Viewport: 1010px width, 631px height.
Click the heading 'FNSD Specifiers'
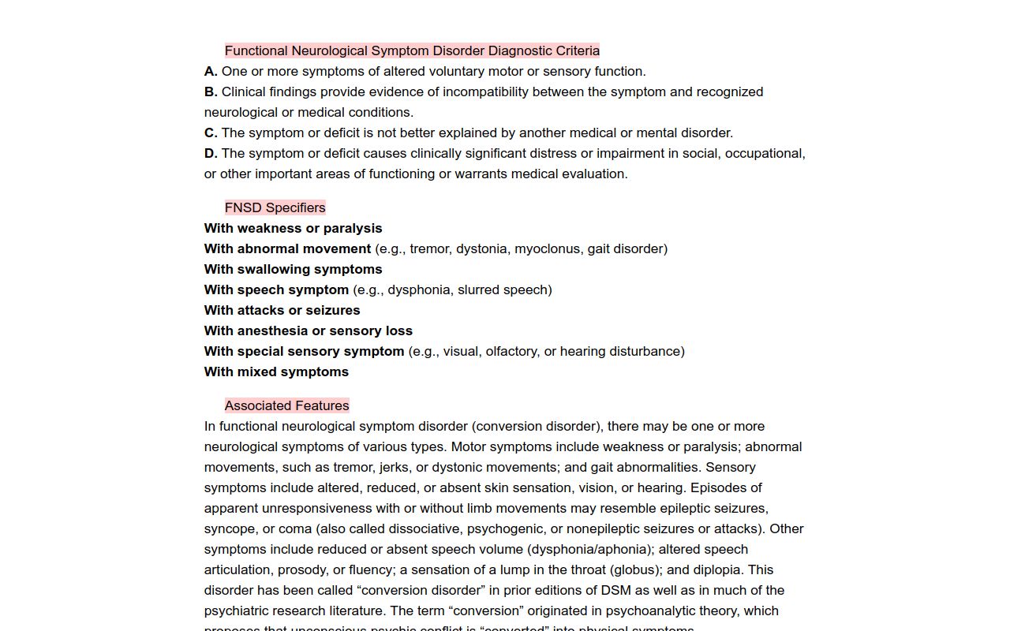[x=275, y=207]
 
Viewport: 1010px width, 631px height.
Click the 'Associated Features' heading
[x=286, y=405]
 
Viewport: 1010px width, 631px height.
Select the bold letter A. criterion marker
[x=211, y=71]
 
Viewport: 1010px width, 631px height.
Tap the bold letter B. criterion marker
[x=211, y=91]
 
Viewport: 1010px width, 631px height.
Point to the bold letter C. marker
[x=211, y=133]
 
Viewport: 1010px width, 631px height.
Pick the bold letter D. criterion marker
[x=211, y=153]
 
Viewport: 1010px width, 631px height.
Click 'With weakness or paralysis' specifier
[x=293, y=228]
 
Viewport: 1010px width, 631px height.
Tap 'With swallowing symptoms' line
[x=293, y=269]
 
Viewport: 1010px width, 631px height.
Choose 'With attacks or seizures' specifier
[x=282, y=310]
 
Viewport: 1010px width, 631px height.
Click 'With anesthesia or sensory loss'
[x=308, y=330]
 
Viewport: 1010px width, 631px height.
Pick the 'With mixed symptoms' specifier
[x=276, y=372]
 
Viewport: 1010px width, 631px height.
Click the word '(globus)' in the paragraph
[x=638, y=569]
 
